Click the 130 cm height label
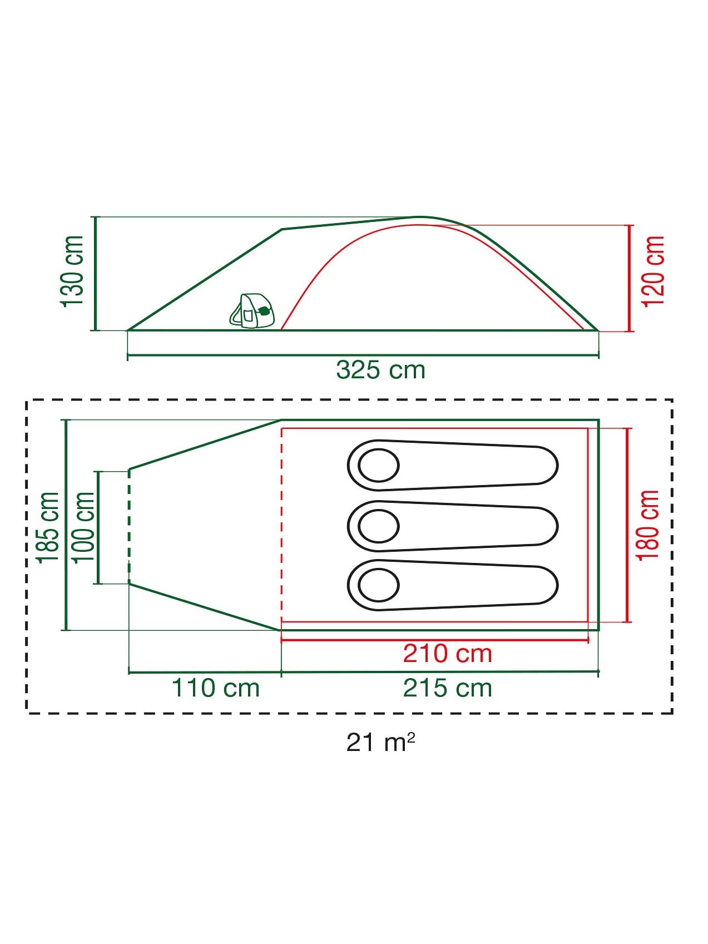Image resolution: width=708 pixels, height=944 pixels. click(73, 271)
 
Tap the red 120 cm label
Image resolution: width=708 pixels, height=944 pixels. click(653, 271)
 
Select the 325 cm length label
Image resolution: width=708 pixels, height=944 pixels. click(381, 370)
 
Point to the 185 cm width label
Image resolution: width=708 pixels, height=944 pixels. click(48, 527)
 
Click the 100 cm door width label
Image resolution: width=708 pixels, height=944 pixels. click(83, 527)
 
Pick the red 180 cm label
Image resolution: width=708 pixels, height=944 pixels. click(648, 525)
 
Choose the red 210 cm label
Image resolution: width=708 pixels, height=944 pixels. click(448, 654)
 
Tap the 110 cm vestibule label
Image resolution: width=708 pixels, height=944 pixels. click(216, 688)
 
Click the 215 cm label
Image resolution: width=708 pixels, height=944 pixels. click(448, 688)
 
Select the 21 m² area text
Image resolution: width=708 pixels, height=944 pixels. click(381, 742)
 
